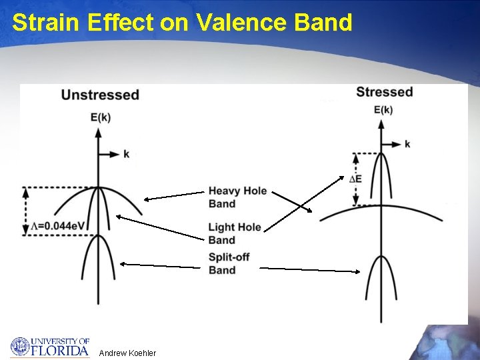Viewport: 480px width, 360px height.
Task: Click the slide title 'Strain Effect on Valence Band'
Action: (x=182, y=23)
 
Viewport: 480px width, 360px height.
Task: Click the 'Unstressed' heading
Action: (x=100, y=95)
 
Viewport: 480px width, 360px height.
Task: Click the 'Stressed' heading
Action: (x=385, y=92)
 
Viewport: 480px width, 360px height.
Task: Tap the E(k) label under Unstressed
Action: (x=100, y=117)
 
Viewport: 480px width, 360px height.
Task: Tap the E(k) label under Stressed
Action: (x=383, y=109)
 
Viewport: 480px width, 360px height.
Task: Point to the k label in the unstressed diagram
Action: (x=126, y=154)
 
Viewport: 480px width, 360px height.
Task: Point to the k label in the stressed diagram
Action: (x=407, y=145)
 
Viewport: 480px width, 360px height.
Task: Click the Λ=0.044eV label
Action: (x=59, y=226)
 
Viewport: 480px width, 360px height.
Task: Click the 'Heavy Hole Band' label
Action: (x=237, y=197)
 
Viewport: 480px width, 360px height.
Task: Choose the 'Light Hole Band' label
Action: (x=235, y=233)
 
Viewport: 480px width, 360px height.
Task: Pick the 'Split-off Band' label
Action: (x=229, y=263)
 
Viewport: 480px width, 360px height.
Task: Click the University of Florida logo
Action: (x=50, y=347)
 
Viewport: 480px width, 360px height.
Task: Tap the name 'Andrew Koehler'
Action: (x=127, y=353)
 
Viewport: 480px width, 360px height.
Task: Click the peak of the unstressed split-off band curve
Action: (x=98, y=236)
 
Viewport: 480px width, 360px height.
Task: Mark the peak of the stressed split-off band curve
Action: (x=381, y=257)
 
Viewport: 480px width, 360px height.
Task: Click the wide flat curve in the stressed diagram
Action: (x=413, y=211)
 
